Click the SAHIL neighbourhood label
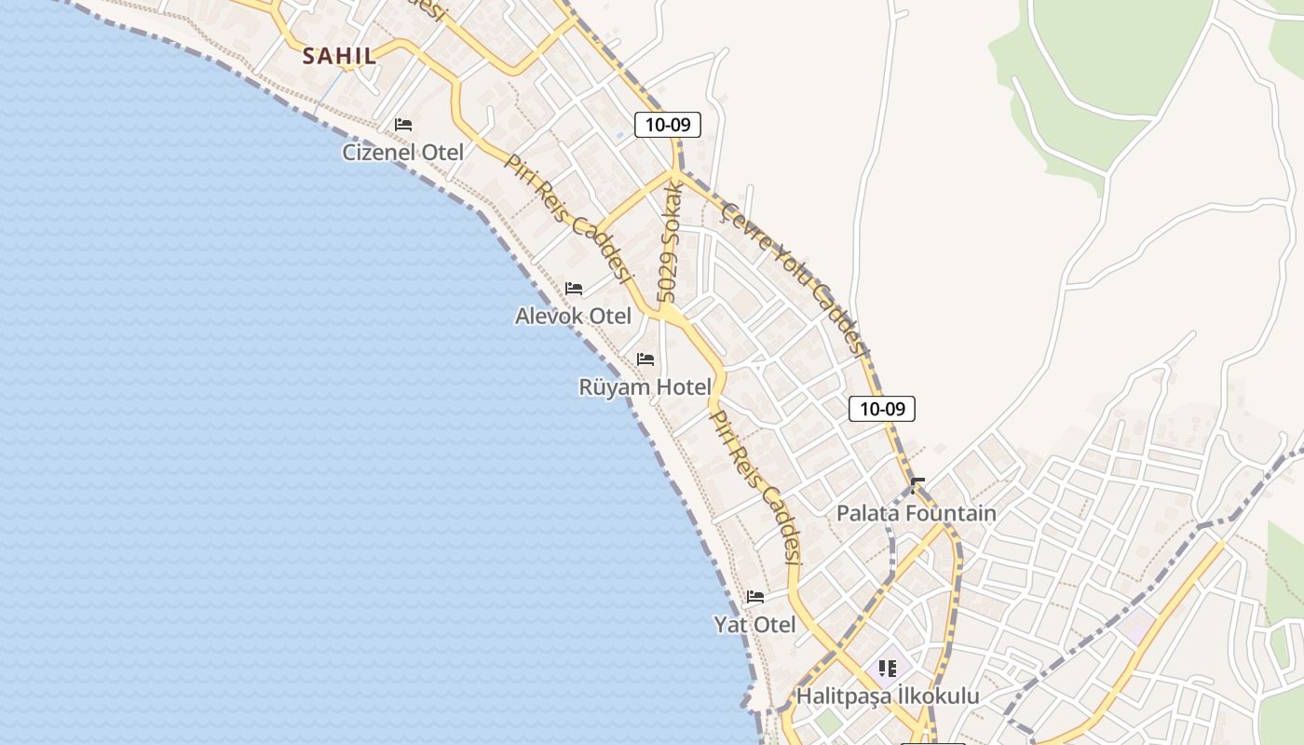tap(340, 56)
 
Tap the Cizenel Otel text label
tap(402, 152)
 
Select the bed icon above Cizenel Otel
tap(403, 125)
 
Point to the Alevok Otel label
tap(573, 316)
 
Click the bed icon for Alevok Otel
tap(574, 289)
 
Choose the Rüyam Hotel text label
tap(645, 386)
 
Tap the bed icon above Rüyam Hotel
tap(645, 359)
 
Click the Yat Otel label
tap(754, 624)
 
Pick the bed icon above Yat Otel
tap(754, 597)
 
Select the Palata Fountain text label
tap(916, 513)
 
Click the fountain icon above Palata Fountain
tap(917, 485)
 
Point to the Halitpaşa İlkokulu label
tap(888, 696)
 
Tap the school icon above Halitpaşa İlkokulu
tap(888, 668)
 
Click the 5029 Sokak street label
tap(671, 242)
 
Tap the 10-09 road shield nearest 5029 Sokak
tap(667, 125)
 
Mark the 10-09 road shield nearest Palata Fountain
tap(881, 409)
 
